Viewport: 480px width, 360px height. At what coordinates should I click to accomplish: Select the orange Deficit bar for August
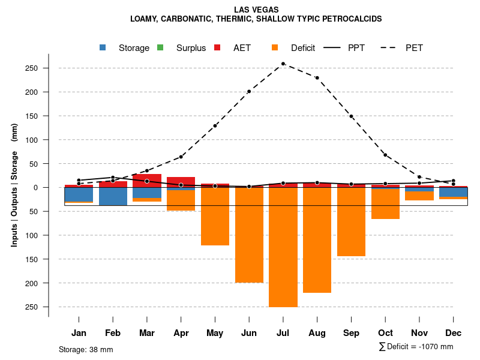coord(317,240)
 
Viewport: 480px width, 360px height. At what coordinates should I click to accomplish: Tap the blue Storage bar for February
coord(113,196)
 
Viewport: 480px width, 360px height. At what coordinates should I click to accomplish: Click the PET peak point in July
coord(283,64)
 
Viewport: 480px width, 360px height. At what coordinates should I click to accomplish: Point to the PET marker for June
coord(249,91)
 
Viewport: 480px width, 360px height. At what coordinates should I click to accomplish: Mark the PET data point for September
coord(351,116)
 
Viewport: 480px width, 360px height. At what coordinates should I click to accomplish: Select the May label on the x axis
coord(215,333)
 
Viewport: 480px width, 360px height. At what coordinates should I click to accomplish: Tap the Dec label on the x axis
coord(454,333)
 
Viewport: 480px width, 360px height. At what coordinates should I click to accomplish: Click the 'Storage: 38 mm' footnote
coord(86,349)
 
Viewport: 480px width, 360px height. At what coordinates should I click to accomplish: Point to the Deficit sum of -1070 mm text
coord(416,347)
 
